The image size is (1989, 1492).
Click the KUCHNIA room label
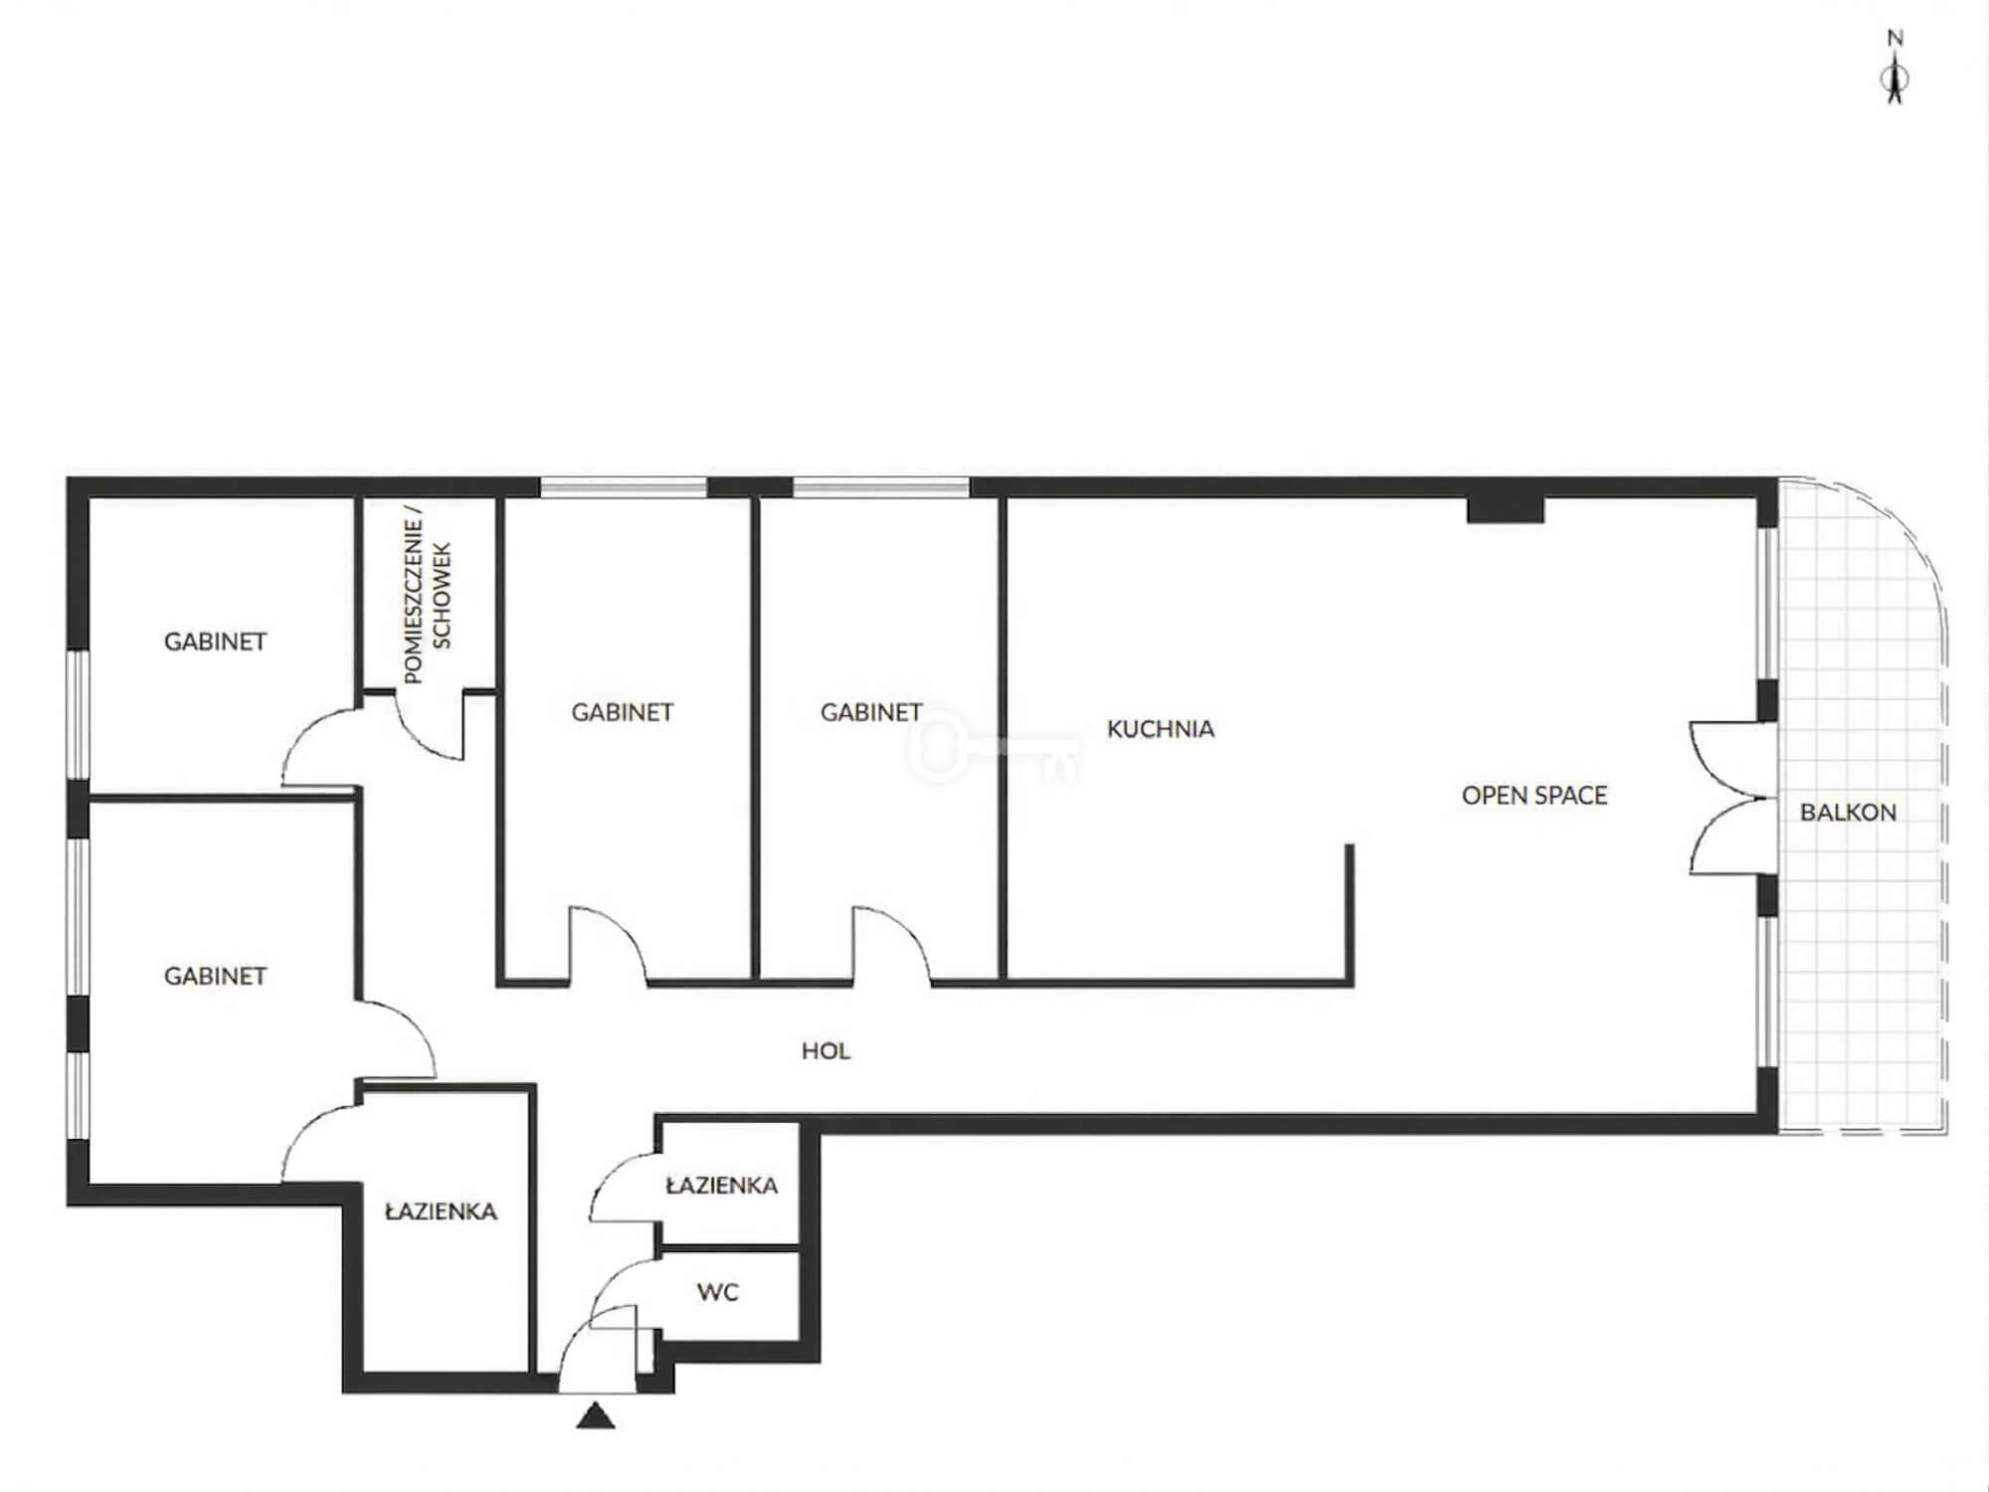pyautogui.click(x=1161, y=729)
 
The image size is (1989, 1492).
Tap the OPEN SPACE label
pyautogui.click(x=1535, y=796)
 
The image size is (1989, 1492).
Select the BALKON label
pyautogui.click(x=1848, y=813)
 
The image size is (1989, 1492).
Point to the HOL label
pyautogui.click(x=825, y=1051)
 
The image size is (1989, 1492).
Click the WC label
pyautogui.click(x=718, y=1292)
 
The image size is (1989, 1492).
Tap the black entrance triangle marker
pyautogui.click(x=595, y=1415)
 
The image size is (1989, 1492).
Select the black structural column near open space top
pyautogui.click(x=1506, y=510)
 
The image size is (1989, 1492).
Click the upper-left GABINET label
pyautogui.click(x=215, y=642)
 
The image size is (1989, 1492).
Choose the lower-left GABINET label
pyautogui.click(x=215, y=977)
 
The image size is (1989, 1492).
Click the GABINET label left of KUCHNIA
pyautogui.click(x=871, y=712)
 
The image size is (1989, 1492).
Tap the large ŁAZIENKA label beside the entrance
pyautogui.click(x=441, y=1212)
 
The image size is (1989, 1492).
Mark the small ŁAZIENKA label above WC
pyautogui.click(x=722, y=1186)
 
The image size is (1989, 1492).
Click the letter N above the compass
pyautogui.click(x=1896, y=39)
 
